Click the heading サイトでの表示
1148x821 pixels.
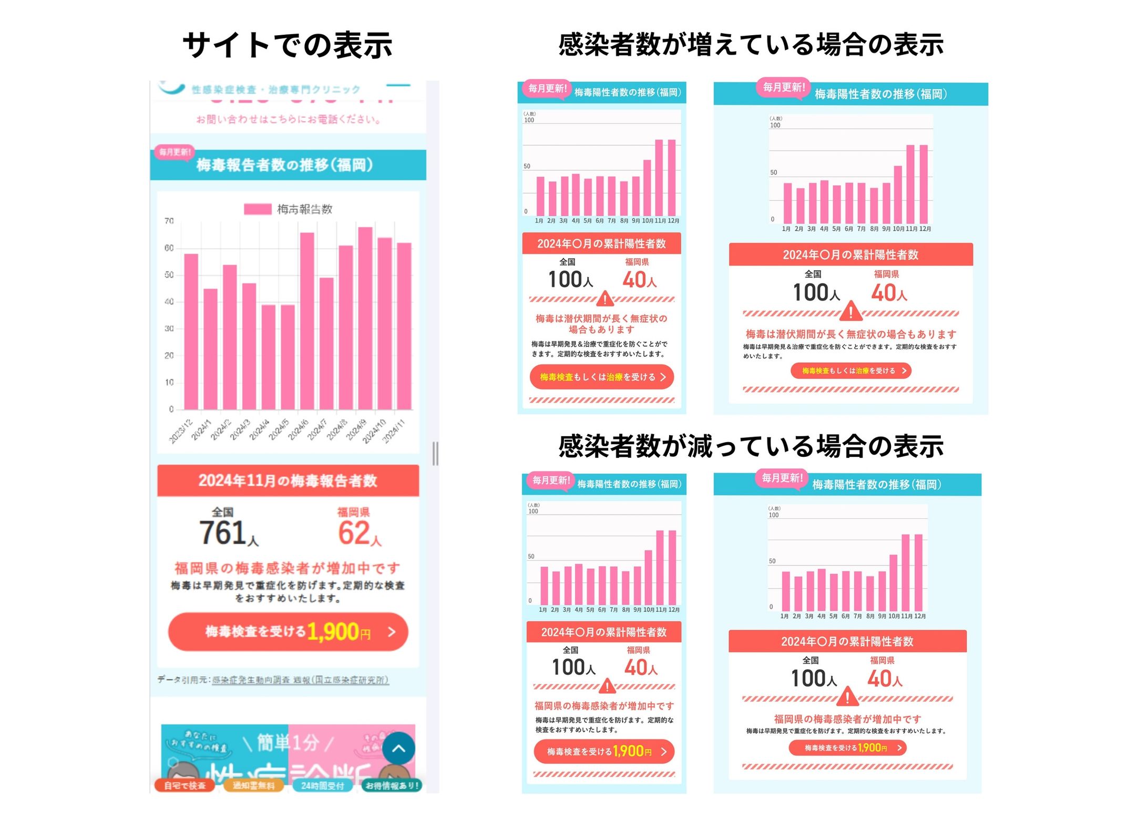tap(287, 45)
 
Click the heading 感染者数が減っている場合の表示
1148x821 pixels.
tap(751, 446)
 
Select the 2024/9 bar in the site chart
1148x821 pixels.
tap(365, 319)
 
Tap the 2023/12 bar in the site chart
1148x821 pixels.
tap(191, 332)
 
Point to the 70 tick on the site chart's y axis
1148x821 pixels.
tap(169, 221)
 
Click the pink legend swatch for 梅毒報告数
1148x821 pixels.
tap(258, 209)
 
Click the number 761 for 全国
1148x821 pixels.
tap(222, 532)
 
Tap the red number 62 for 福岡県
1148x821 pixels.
tap(353, 532)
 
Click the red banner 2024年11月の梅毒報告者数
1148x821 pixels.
tap(288, 480)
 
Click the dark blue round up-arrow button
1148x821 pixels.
tap(398, 748)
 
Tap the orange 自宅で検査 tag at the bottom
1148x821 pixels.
tap(184, 786)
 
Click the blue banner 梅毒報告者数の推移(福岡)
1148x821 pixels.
tap(288, 165)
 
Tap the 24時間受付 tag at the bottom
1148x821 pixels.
tap(323, 786)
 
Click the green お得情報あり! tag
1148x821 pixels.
tap(392, 786)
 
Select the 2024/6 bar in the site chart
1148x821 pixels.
tap(306, 321)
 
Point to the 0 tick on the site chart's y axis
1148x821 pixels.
tap(171, 409)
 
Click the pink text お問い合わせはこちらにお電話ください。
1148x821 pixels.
tap(288, 119)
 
